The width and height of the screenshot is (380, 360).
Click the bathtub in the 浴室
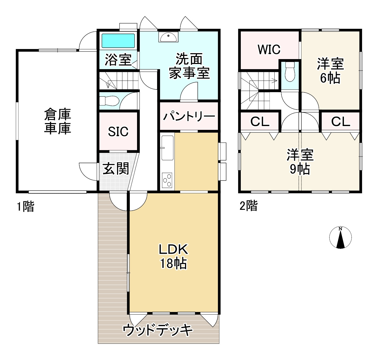118,41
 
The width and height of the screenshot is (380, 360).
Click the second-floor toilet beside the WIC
290,71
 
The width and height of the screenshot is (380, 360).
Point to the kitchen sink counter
167,148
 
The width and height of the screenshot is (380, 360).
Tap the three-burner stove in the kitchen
167,180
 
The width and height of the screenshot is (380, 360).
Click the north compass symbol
340,237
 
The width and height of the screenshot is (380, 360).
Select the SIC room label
118,132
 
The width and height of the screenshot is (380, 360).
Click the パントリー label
189,117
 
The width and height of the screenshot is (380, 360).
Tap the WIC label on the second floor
269,50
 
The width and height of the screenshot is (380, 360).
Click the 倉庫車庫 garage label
57,121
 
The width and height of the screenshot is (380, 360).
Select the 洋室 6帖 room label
330,71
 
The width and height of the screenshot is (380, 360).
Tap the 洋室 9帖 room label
300,162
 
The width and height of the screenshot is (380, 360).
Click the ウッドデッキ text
158,330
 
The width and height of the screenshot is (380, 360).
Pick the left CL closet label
260,122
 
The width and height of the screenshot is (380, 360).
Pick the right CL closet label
340,122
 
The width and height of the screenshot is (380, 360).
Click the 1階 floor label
26,207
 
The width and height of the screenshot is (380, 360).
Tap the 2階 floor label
248,206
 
